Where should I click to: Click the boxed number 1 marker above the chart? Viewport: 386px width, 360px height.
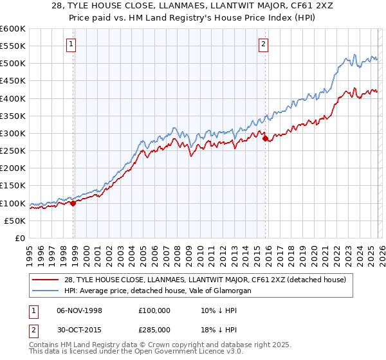click(70, 44)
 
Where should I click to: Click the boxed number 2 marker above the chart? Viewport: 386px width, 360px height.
click(264, 44)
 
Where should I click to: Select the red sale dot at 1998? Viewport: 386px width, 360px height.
click(73, 203)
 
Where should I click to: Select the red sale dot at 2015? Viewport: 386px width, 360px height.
click(265, 138)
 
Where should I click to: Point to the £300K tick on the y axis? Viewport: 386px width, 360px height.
click(13, 133)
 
